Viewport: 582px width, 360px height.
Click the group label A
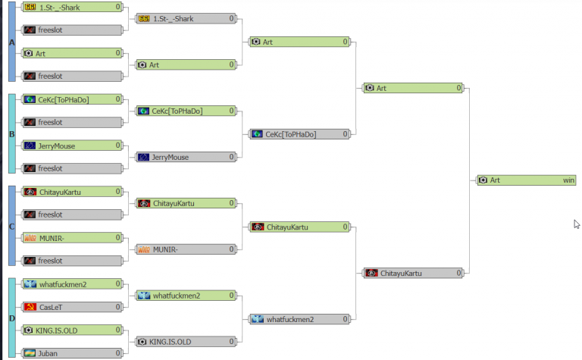click(x=11, y=42)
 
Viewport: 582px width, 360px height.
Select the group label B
click(x=11, y=134)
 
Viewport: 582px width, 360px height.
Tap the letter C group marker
click(x=11, y=226)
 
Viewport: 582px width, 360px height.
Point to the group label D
click(x=11, y=318)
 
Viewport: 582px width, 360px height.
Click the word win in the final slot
click(x=568, y=180)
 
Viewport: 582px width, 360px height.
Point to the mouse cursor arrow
click(x=576, y=224)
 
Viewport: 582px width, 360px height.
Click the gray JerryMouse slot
click(x=186, y=157)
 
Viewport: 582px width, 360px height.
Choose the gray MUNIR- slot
click(x=186, y=249)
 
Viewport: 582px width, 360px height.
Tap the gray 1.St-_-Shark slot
click(x=186, y=18)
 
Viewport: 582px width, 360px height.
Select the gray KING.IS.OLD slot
click(x=186, y=342)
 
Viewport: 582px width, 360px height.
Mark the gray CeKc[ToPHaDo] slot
click(x=299, y=134)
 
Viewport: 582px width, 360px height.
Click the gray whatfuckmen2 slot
click(x=299, y=319)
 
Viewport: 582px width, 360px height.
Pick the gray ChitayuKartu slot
click(x=413, y=273)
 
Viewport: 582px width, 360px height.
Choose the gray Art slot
click(x=186, y=65)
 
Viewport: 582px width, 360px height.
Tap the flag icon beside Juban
click(x=30, y=353)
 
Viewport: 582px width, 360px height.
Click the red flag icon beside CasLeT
click(x=30, y=307)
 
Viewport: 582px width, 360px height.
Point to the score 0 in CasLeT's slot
click(x=118, y=307)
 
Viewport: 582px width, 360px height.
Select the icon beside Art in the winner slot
click(x=483, y=180)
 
